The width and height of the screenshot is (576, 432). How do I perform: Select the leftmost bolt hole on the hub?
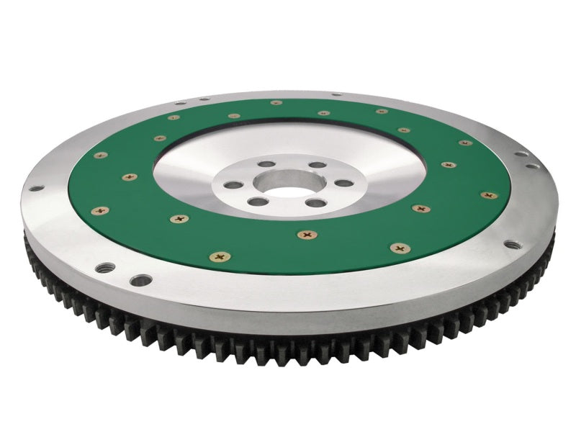pyautogui.click(x=232, y=185)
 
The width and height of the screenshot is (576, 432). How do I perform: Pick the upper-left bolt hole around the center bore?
pyautogui.click(x=265, y=165)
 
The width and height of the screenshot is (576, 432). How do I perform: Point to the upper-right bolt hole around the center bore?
pyautogui.click(x=316, y=164)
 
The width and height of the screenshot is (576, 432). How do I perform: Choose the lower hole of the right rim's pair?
pyautogui.click(x=532, y=166)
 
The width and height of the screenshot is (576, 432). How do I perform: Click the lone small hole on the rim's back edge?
pyautogui.click(x=336, y=94)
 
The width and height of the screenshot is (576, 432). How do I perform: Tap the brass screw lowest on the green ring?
pyautogui.click(x=220, y=256)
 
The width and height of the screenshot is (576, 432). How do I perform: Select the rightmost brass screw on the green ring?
pyautogui.click(x=490, y=194)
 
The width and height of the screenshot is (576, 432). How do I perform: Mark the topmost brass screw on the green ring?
pyautogui.click(x=276, y=102)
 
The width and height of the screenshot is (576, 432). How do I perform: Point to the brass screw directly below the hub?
pyautogui.click(x=308, y=233)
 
